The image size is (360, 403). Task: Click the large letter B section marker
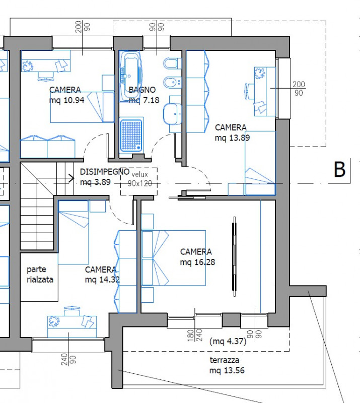340,170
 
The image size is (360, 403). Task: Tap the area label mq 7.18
144,100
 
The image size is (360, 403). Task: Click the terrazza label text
225,360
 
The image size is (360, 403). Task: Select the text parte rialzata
40,275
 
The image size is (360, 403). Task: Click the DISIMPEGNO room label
104,171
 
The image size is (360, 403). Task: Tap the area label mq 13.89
232,137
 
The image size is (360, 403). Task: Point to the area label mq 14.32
102,280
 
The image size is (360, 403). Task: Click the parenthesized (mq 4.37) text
227,341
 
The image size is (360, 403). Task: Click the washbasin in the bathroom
173,113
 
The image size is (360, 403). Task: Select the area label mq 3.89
95,182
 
